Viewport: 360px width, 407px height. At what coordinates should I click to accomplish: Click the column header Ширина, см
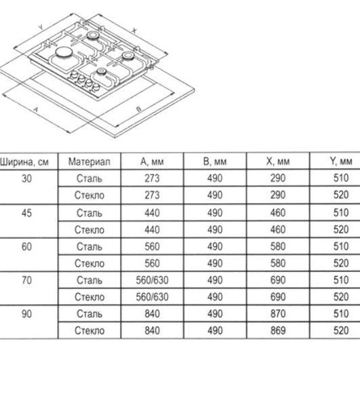click(24, 162)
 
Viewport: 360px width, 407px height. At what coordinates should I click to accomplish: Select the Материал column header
click(89, 161)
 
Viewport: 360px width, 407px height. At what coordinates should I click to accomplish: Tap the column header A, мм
click(152, 161)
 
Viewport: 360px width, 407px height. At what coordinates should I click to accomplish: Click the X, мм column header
click(278, 161)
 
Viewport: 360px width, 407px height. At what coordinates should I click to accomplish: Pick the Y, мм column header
click(341, 161)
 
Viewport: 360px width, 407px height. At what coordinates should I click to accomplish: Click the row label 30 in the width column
click(26, 178)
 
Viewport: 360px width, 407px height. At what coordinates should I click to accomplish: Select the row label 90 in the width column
click(26, 314)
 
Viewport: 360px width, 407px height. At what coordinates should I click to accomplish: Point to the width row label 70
click(26, 280)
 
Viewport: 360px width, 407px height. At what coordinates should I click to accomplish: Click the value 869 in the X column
click(278, 331)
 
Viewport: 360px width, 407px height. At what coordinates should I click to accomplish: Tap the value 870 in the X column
click(278, 314)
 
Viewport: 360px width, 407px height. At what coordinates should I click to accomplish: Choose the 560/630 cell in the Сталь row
click(153, 280)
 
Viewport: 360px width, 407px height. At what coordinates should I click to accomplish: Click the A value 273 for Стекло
click(152, 195)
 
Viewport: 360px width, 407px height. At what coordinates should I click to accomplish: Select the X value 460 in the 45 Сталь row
click(278, 213)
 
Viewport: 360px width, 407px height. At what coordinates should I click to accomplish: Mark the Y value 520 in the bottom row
click(341, 331)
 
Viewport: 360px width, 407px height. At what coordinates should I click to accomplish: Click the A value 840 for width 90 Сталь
click(152, 314)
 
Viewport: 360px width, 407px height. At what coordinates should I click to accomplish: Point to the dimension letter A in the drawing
click(35, 110)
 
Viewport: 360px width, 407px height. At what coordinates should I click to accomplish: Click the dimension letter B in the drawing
click(139, 109)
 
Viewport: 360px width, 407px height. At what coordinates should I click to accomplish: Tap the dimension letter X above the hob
click(134, 31)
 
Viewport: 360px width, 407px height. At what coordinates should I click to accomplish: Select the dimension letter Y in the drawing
click(41, 27)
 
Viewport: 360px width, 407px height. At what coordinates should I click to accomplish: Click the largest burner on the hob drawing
click(63, 53)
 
